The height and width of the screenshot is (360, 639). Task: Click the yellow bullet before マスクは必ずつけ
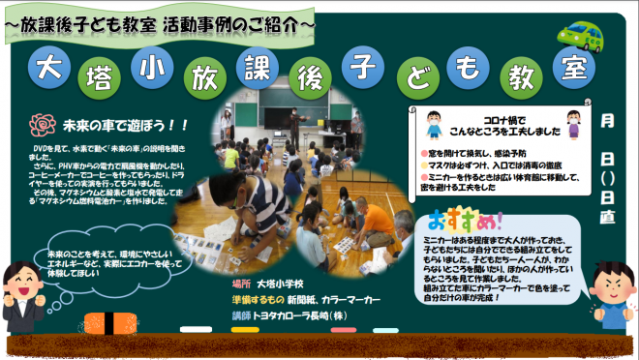point(423,165)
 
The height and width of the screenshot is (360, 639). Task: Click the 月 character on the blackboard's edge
point(608,121)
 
